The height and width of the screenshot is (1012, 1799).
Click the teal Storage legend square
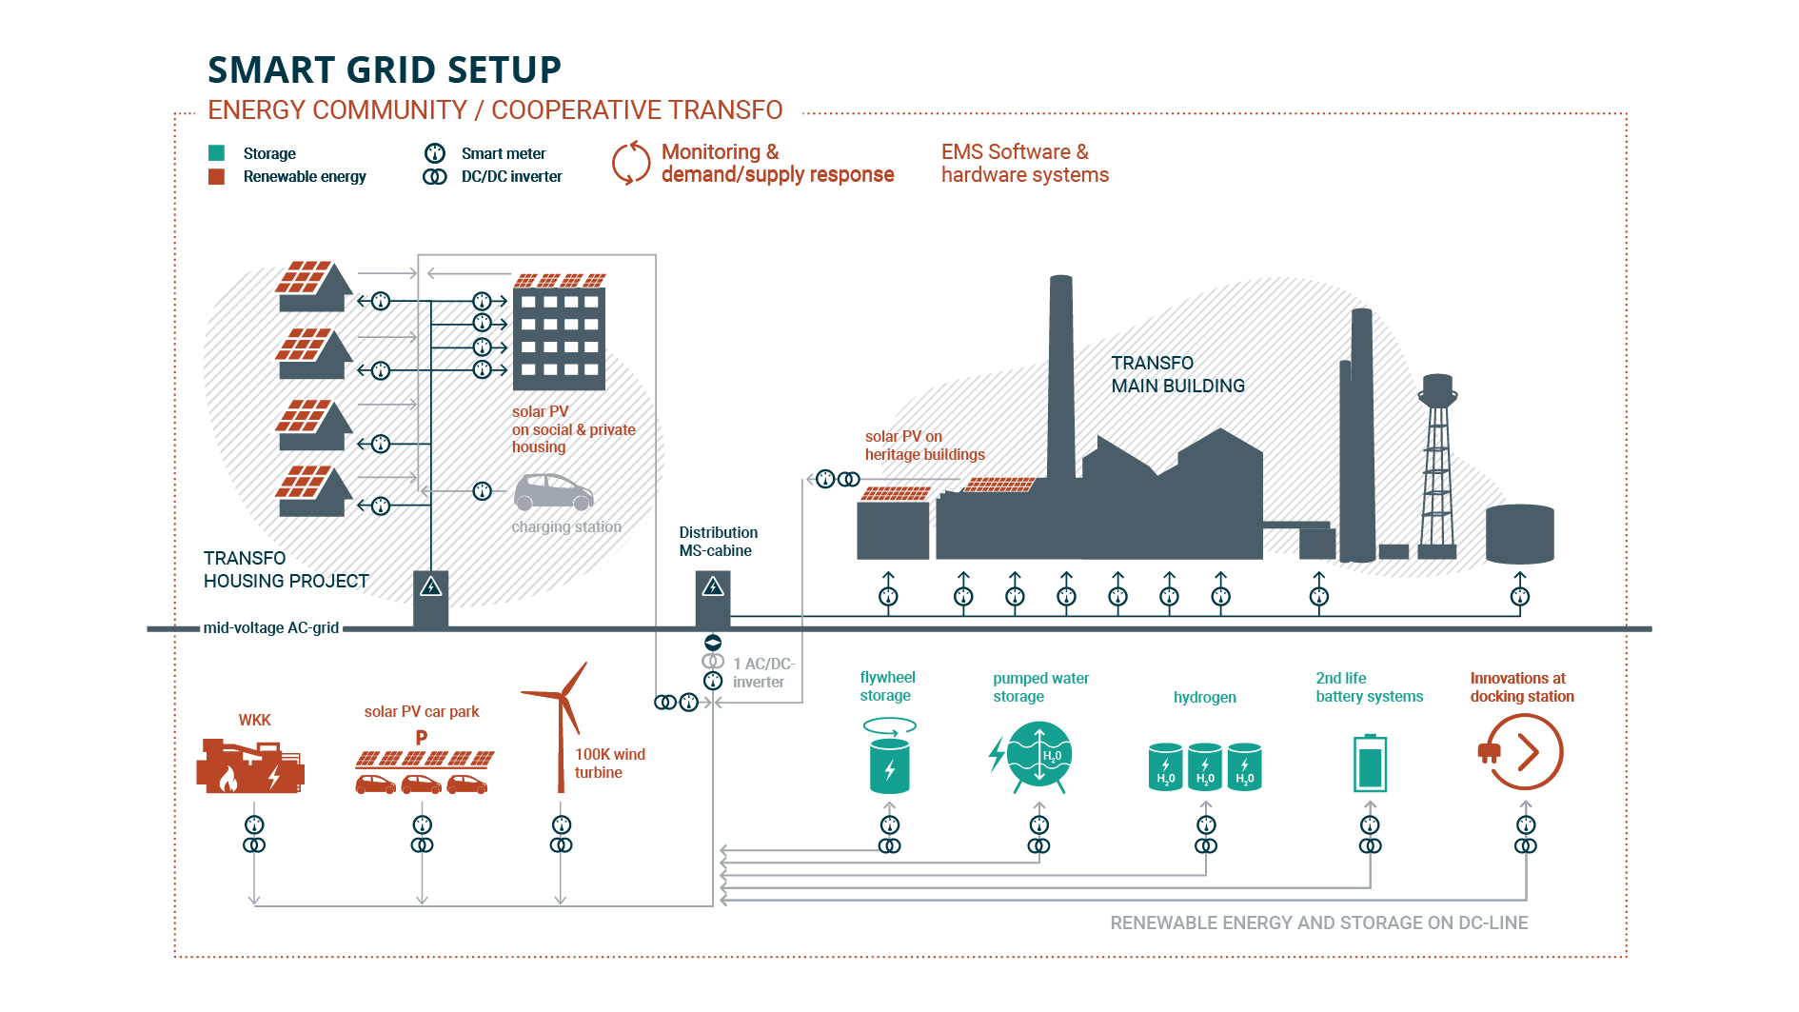[x=216, y=152]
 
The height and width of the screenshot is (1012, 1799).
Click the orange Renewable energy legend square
[x=216, y=176]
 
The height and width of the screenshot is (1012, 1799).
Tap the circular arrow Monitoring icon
[x=630, y=163]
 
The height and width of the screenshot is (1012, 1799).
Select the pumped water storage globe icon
[x=1038, y=756]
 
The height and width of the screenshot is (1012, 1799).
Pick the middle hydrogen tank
[x=1205, y=766]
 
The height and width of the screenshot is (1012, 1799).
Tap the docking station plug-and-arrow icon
[x=1522, y=752]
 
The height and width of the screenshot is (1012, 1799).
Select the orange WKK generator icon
[x=249, y=765]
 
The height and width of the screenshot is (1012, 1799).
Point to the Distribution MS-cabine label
[x=718, y=541]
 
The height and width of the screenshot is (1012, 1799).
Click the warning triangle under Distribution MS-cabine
[x=713, y=587]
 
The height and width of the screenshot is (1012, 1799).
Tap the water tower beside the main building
[x=1436, y=466]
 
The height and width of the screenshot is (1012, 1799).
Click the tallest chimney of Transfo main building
[x=1061, y=381]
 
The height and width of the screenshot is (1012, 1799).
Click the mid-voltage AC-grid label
[x=270, y=627]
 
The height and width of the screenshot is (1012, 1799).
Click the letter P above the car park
[x=422, y=737]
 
